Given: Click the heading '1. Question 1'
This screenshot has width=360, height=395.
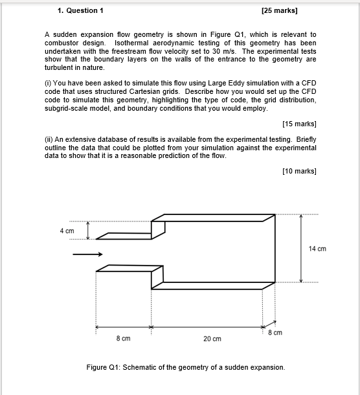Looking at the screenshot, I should coord(80,10).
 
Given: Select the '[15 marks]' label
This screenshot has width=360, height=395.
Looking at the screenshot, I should coord(299,124).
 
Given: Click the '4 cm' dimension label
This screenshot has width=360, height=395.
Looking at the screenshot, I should coord(67,230).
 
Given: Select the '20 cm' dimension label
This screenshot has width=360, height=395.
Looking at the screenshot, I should coord(212,339).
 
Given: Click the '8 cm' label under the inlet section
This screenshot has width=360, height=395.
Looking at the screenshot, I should coord(123,339).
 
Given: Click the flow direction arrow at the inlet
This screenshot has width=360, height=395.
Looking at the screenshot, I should coord(87,254).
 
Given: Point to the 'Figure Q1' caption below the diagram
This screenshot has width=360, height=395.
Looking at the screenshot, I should coord(185,367).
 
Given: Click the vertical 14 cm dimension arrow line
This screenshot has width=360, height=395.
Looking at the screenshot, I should coord(300,249).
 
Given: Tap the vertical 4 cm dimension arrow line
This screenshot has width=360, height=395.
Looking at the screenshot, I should coord(89,229).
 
